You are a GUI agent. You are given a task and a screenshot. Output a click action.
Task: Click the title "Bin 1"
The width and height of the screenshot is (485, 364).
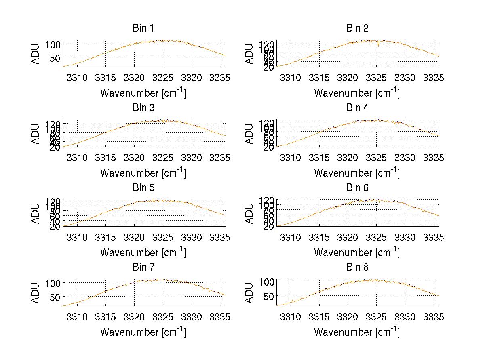pyautogui.click(x=143, y=28)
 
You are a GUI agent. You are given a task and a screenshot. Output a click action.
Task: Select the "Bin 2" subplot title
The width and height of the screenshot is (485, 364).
pyautogui.click(x=357, y=28)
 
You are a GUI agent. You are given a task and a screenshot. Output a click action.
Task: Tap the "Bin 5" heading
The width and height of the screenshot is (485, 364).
pyautogui.click(x=143, y=188)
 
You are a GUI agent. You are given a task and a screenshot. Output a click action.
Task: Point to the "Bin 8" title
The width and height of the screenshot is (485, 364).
pyautogui.click(x=357, y=267)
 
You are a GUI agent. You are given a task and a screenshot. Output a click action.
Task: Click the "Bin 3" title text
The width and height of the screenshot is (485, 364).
pyautogui.click(x=143, y=108)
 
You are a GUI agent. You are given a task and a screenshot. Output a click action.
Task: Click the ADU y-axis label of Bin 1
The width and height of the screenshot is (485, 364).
pyautogui.click(x=36, y=54)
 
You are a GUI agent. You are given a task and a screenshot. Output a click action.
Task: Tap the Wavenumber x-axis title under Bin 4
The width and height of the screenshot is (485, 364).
pyautogui.click(x=357, y=173)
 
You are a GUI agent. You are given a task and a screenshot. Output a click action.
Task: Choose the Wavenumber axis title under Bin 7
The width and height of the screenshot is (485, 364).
pyautogui.click(x=143, y=332)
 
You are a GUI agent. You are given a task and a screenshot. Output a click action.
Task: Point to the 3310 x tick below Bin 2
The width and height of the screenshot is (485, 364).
pyautogui.click(x=291, y=78)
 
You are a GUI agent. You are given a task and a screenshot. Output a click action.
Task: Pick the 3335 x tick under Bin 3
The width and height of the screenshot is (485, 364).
pyautogui.click(x=220, y=158)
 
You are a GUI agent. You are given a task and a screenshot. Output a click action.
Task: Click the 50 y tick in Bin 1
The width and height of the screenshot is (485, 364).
pyautogui.click(x=55, y=58)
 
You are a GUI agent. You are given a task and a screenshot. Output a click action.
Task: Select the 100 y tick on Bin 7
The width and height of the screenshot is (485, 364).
pyautogui.click(x=53, y=283)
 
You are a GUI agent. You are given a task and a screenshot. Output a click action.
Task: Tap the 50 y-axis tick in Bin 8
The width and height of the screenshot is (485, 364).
pyautogui.click(x=269, y=296)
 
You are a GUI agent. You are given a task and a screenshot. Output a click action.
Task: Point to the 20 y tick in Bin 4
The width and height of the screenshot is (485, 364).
pyautogui.click(x=269, y=147)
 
